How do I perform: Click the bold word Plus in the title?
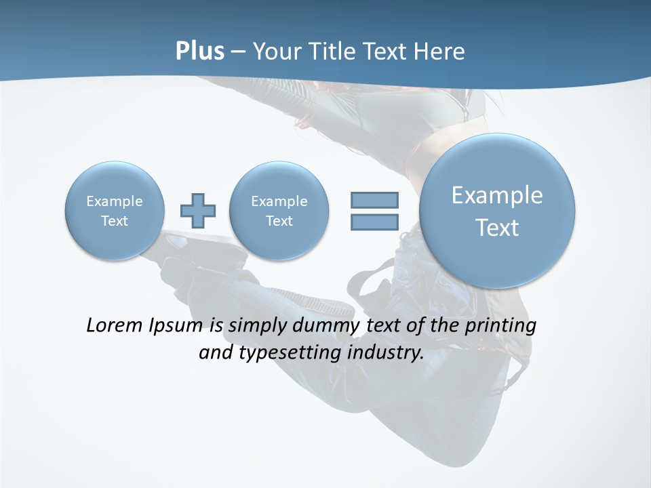199,52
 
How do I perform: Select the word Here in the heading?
440,52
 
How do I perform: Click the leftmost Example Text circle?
115,210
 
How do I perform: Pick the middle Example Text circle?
279,210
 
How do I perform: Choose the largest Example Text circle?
497,211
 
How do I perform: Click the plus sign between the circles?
198,210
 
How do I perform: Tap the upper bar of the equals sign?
374,200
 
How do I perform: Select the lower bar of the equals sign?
374,222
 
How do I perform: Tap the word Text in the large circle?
497,228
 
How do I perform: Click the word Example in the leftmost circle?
115,201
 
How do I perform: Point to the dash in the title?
238,52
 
